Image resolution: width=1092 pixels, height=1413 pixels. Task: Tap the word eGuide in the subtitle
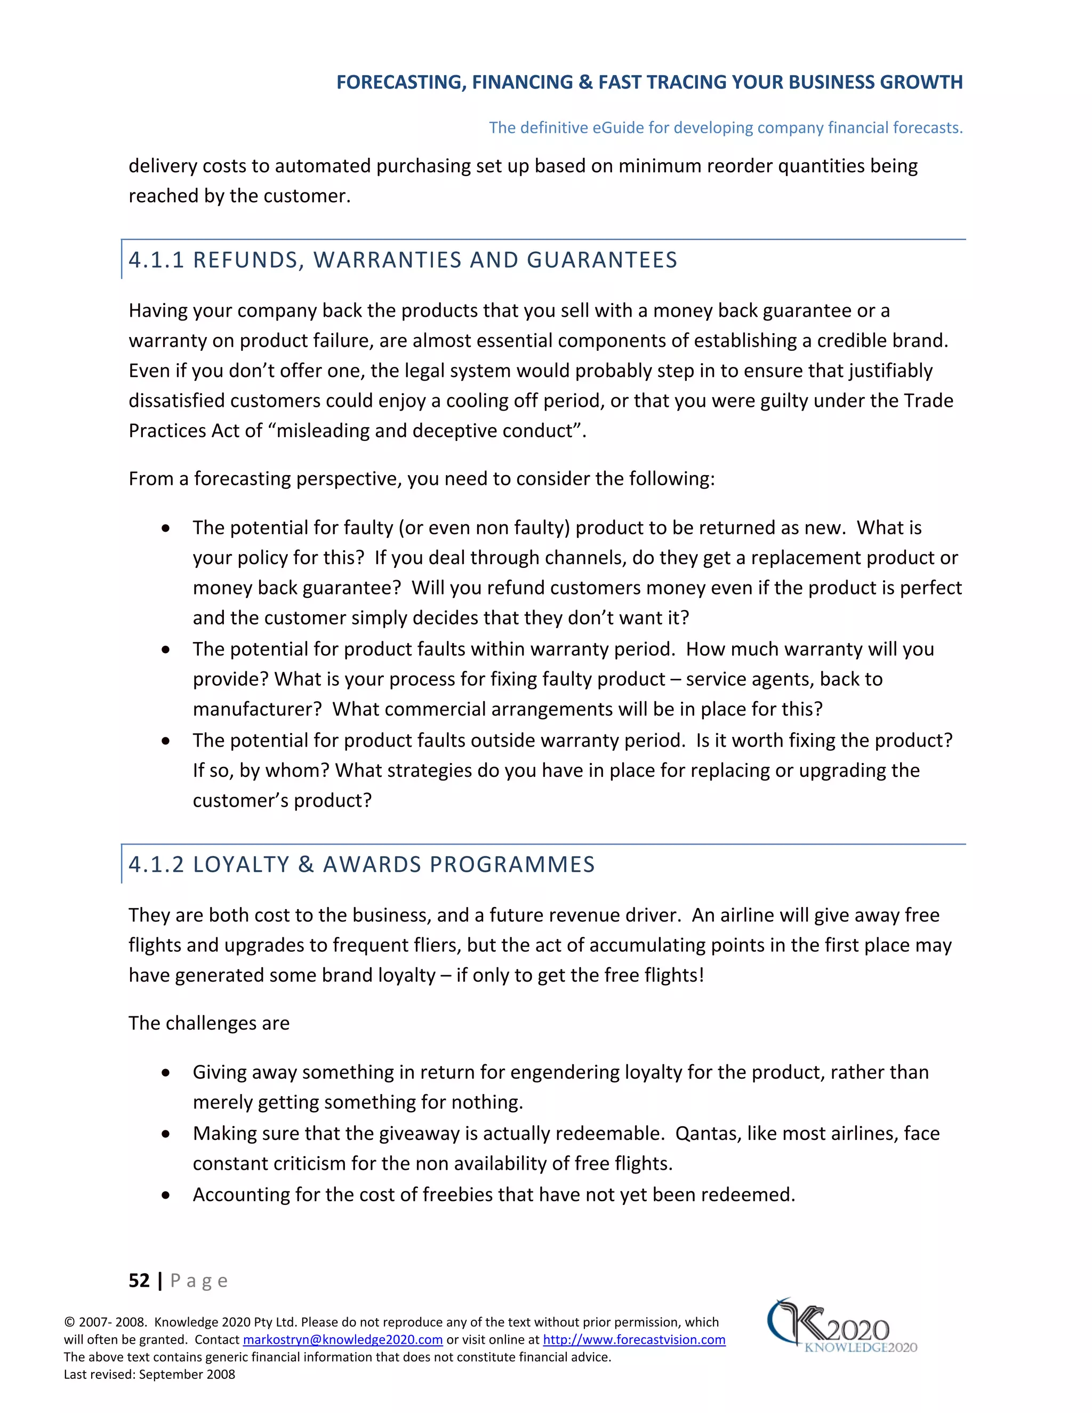619,127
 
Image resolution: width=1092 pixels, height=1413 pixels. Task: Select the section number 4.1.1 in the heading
156,260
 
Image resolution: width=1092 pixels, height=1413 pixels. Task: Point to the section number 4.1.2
156,864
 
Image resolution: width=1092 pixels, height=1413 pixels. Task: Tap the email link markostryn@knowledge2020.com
342,1339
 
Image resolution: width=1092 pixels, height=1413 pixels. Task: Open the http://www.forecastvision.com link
633,1339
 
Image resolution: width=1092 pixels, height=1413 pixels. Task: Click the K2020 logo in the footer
841,1326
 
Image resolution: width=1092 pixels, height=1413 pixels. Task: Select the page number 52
139,1280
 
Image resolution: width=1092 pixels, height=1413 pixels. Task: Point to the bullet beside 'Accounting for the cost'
166,1195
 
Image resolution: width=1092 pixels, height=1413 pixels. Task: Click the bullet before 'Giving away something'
166,1073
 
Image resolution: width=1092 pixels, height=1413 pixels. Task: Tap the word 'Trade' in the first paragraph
928,400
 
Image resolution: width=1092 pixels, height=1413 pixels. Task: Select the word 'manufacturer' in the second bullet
256,709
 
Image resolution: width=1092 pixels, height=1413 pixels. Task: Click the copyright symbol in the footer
69,1322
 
